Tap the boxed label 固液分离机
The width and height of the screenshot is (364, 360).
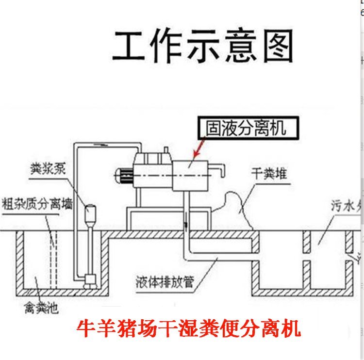[x=246, y=128]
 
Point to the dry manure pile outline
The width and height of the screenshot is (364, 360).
[x=240, y=209]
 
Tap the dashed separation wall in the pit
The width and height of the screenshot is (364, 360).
[x=52, y=257]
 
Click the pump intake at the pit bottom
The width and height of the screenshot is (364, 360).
[x=89, y=280]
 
